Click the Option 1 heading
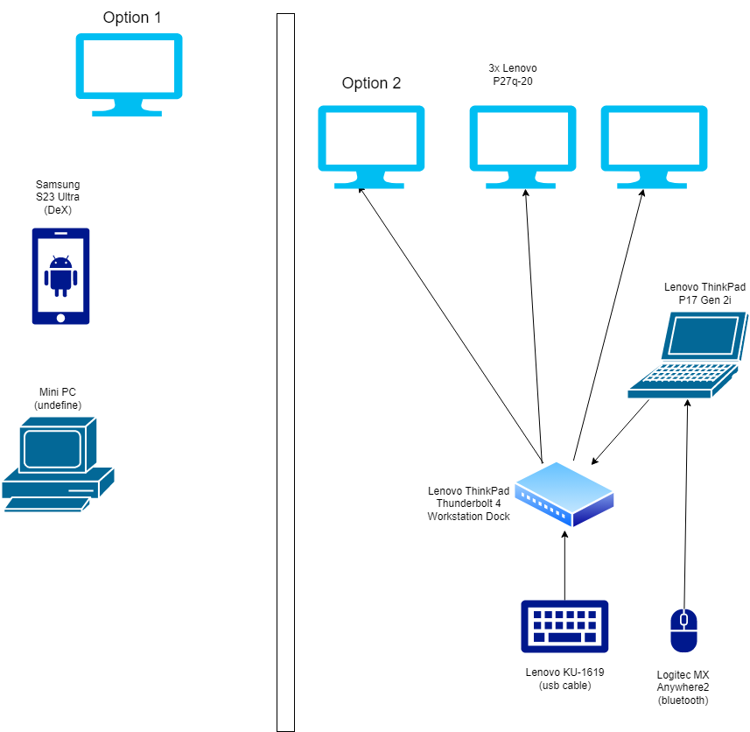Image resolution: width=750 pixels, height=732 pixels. [x=132, y=18]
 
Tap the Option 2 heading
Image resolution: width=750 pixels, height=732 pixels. [x=371, y=83]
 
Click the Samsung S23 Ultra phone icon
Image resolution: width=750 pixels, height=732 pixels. [x=60, y=276]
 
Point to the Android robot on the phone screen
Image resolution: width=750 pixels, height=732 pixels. [x=60, y=273]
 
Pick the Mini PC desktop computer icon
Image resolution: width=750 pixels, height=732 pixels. [x=58, y=464]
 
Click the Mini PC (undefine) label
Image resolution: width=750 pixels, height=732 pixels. [x=59, y=398]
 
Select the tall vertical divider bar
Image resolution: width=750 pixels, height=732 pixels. [x=286, y=372]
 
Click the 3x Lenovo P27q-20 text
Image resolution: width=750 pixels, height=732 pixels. [x=513, y=74]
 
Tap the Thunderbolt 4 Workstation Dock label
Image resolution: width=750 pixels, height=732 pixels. [x=468, y=504]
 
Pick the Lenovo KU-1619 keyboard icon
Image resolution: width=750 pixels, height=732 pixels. [x=564, y=626]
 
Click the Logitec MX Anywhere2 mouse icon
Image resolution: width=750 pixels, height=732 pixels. [x=683, y=630]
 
